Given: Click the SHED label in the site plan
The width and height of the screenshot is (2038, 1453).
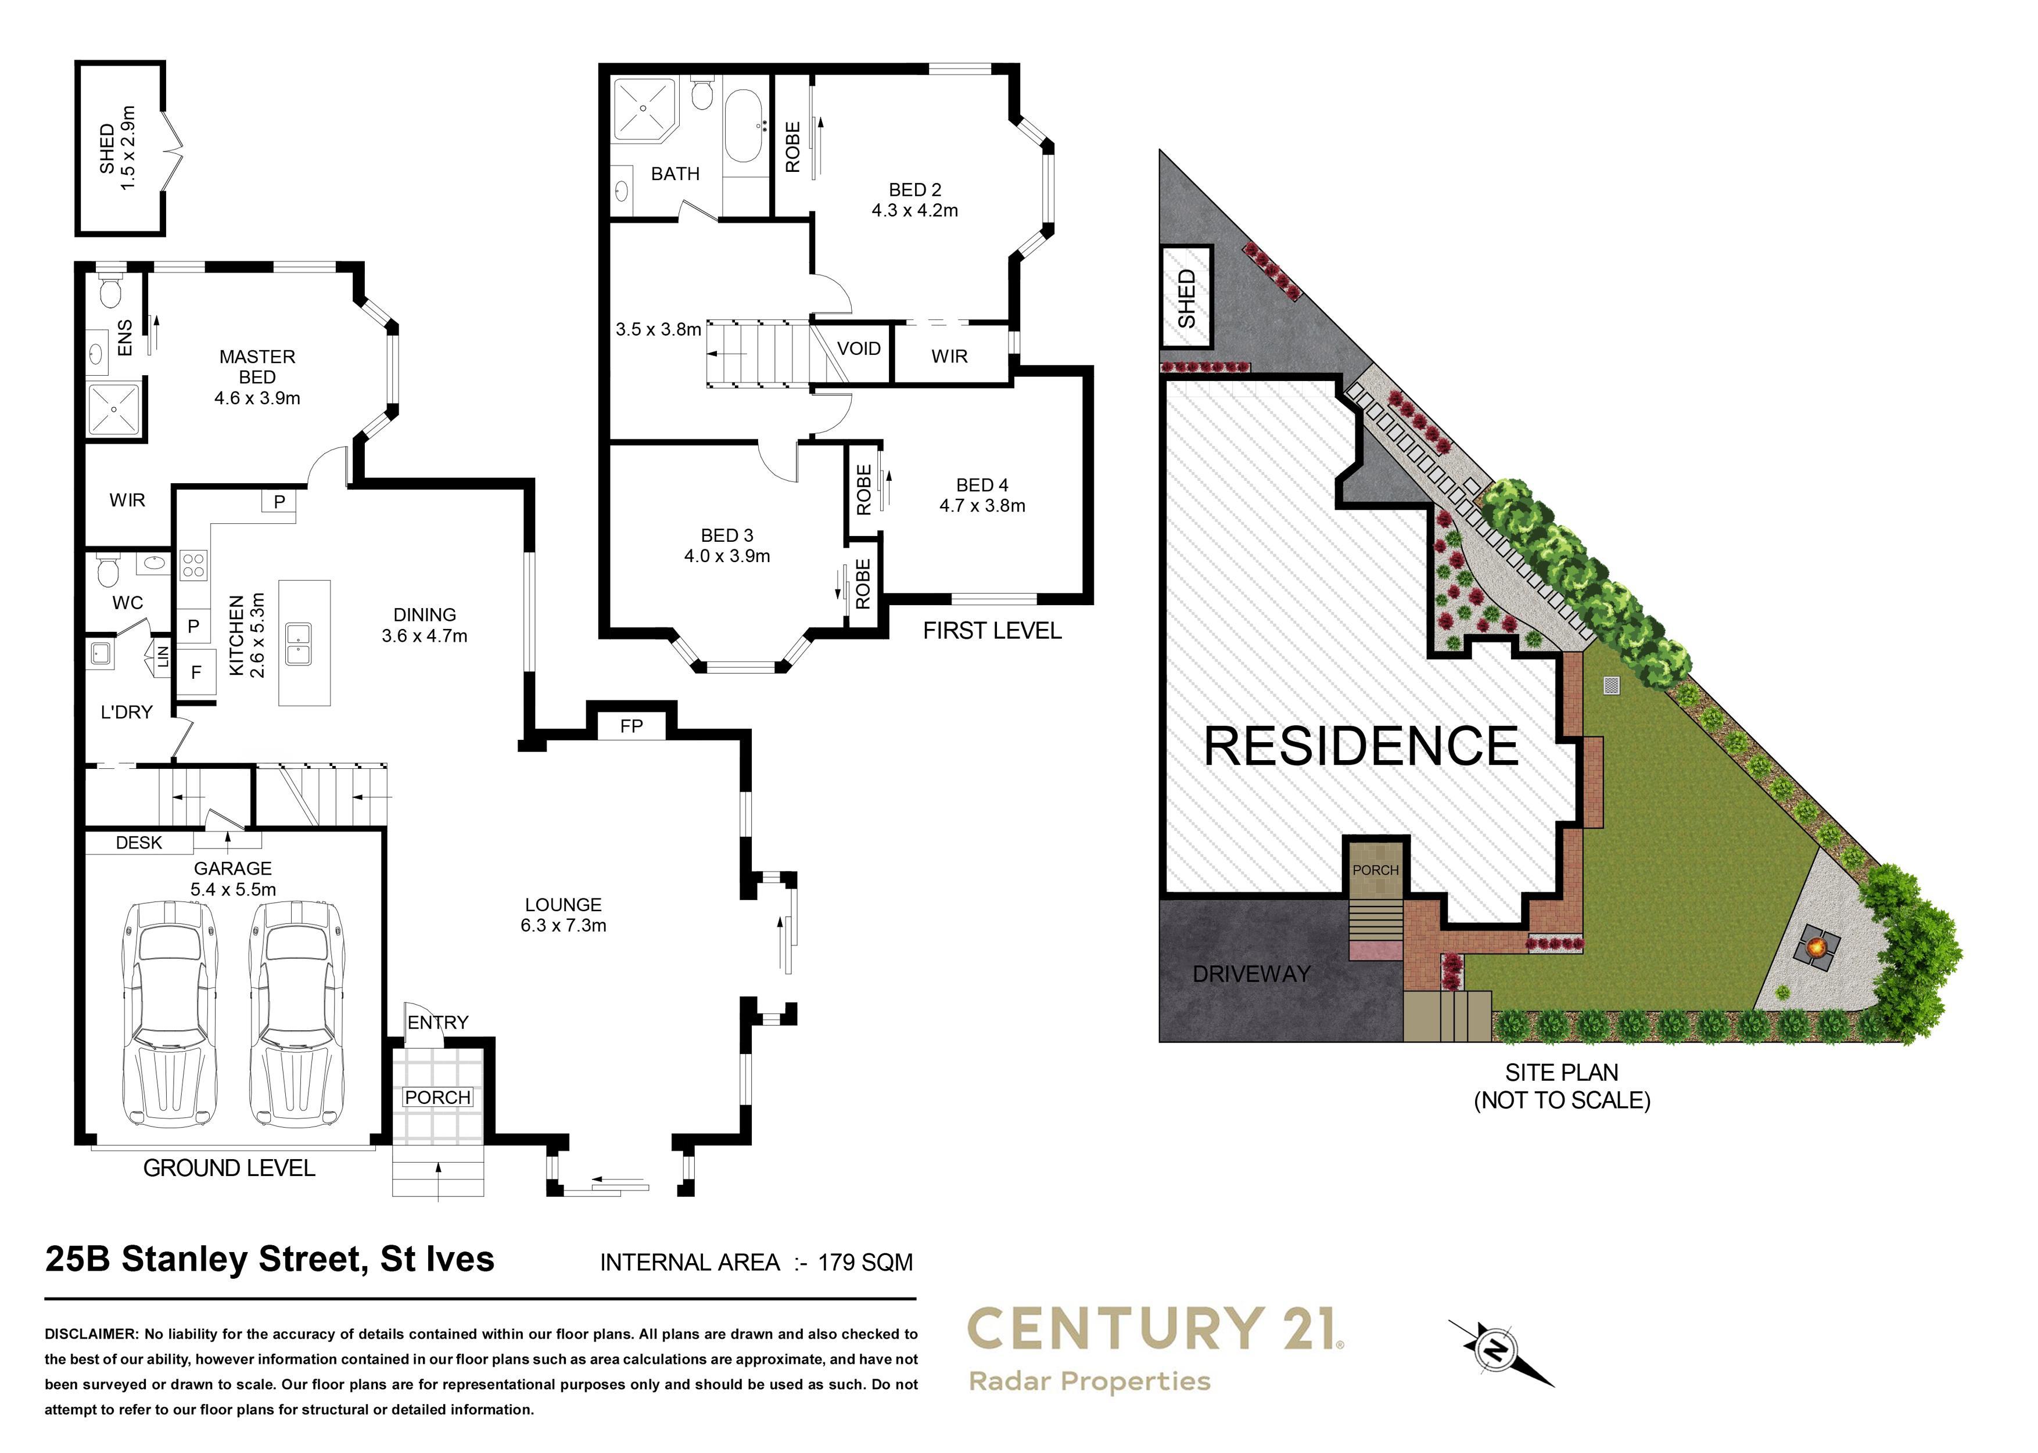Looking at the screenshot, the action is click(1186, 299).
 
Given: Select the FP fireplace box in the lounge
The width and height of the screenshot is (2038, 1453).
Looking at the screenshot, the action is click(631, 725).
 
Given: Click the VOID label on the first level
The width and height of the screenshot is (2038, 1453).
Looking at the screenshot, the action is click(858, 349).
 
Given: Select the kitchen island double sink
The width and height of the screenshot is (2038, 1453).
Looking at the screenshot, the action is click(298, 643).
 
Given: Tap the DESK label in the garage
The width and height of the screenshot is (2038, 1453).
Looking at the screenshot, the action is click(139, 843).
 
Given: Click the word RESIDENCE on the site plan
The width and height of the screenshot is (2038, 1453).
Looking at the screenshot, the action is click(1361, 746).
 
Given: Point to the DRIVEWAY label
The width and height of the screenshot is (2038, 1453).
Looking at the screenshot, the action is click(1251, 974).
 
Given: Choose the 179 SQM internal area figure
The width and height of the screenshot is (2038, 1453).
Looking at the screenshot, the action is click(864, 1263).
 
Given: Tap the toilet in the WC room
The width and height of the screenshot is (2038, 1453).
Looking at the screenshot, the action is click(108, 569).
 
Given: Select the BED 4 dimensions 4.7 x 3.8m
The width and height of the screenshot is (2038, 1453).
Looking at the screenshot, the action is click(982, 505).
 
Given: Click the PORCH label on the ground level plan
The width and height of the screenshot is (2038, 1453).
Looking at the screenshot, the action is click(437, 1097).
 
